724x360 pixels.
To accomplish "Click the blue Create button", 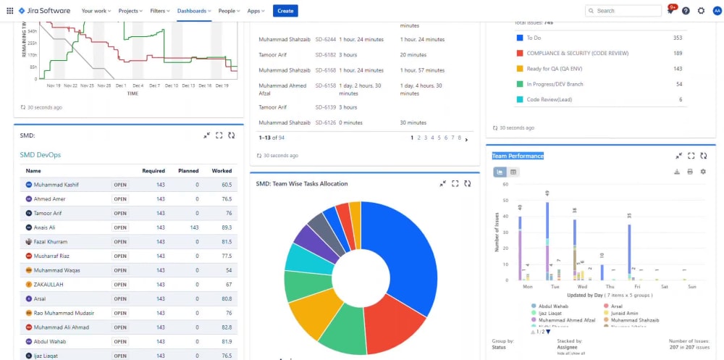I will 285,11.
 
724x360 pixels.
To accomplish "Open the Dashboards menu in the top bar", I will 194,11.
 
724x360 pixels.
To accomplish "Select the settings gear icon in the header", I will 701,11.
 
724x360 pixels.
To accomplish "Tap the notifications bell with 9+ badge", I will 670,11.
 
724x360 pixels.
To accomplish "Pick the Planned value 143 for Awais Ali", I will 194,227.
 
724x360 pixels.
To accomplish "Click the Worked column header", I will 222,171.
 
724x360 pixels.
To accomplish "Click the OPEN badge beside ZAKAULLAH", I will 120,285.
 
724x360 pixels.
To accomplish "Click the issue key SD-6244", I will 326,39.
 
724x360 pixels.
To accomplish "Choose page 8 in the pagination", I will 459,138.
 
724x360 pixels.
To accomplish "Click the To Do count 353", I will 678,38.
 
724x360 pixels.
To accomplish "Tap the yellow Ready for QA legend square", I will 520,69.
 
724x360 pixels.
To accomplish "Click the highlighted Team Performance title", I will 518,156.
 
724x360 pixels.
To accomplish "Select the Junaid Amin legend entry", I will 624,313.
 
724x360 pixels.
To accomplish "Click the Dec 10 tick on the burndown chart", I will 172,85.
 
